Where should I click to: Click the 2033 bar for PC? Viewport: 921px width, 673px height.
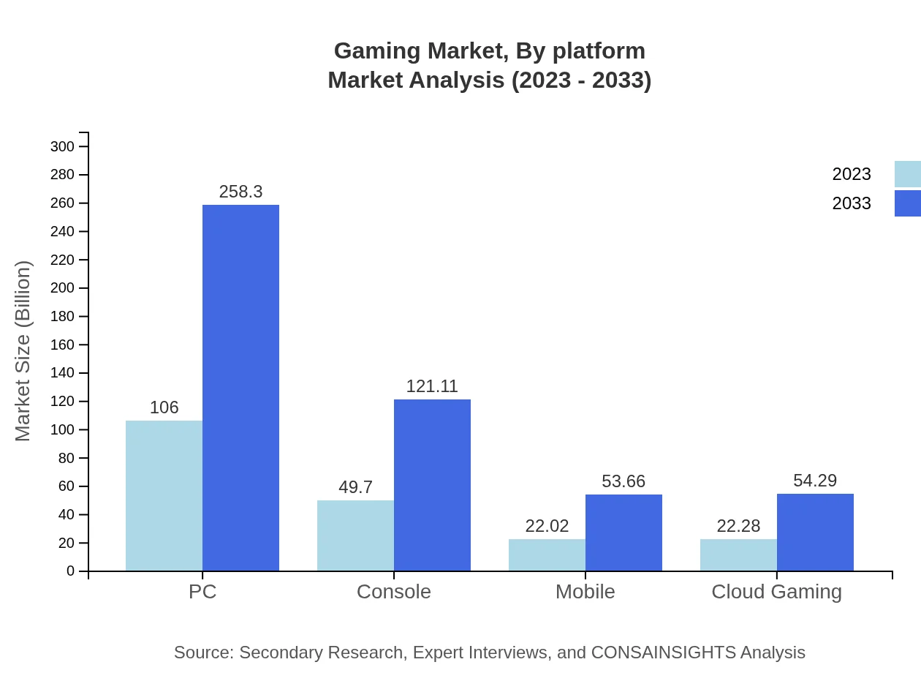[240, 388]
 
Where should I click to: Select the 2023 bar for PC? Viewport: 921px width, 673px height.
[164, 495]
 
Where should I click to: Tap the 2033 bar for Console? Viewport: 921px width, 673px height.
[432, 485]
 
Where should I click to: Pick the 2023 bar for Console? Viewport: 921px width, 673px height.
[355, 535]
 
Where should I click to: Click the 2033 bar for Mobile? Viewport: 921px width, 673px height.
[624, 533]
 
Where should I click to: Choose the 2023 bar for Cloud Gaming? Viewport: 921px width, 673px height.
[738, 554]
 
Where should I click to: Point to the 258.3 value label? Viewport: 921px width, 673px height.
[240, 192]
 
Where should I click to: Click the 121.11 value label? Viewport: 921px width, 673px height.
[432, 386]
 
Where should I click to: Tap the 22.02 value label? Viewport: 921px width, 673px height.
[547, 526]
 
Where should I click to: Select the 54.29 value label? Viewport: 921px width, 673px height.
[815, 481]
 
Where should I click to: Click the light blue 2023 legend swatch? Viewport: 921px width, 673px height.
[907, 174]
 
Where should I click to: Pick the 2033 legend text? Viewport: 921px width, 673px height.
[852, 203]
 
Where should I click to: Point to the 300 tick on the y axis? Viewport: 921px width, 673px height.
[62, 146]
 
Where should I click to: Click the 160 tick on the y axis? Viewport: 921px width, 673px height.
[62, 345]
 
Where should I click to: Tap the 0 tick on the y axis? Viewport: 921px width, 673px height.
[71, 571]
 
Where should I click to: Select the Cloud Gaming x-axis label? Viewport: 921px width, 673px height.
[776, 591]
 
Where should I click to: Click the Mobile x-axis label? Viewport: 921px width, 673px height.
[585, 591]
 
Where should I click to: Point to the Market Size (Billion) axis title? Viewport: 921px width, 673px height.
[23, 351]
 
